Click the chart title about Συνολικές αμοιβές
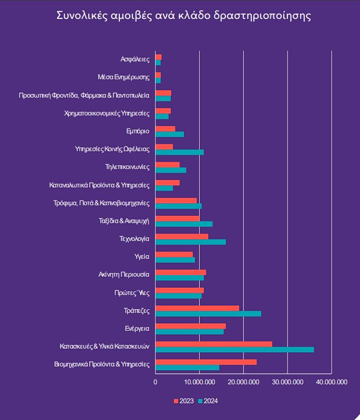[x=183, y=15]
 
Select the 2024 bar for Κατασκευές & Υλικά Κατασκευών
[x=234, y=350]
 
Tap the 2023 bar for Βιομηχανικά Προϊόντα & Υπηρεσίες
[x=206, y=362]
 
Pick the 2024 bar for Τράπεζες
[x=208, y=314]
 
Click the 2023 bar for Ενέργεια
[x=190, y=326]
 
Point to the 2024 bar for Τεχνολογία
[x=190, y=242]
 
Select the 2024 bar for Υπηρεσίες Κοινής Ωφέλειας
[x=179, y=152]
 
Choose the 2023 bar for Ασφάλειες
[x=158, y=57]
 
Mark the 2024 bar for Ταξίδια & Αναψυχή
[x=184, y=224]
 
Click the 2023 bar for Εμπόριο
[x=165, y=129]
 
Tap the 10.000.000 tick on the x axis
[x=200, y=382]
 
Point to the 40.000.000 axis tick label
[x=332, y=382]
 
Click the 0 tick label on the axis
[x=156, y=382]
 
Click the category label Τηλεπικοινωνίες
[x=128, y=167]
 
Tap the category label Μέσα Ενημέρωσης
[x=124, y=77]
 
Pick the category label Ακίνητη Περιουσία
[x=124, y=275]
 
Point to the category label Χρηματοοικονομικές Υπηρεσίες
[x=107, y=113]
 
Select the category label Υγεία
[x=142, y=257]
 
